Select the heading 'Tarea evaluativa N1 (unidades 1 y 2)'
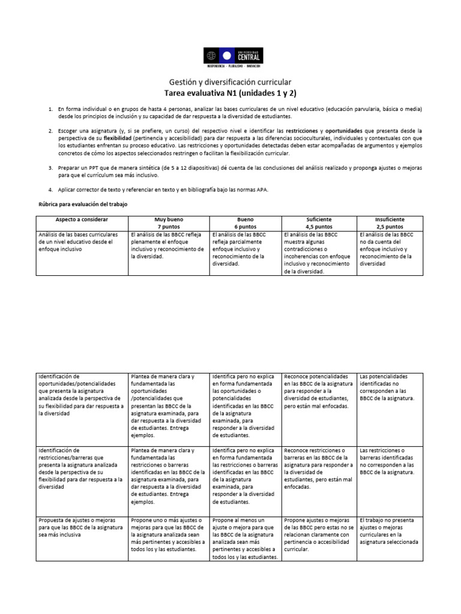[x=230, y=93]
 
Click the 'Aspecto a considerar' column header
[x=80, y=220]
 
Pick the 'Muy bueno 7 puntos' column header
[x=168, y=224]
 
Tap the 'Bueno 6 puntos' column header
[x=246, y=224]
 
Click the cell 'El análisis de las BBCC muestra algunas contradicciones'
[x=318, y=252]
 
